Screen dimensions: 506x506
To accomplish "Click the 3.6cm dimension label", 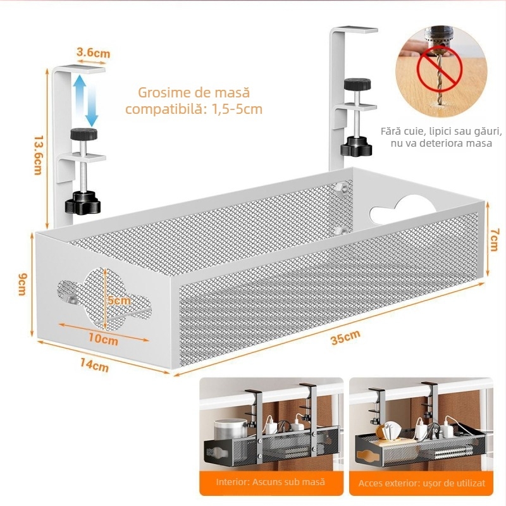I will [x=93, y=52].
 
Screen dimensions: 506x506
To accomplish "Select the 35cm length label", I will [x=344, y=340].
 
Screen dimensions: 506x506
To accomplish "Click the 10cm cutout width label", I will [x=102, y=338].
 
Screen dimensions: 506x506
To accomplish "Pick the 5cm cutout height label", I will [x=118, y=300].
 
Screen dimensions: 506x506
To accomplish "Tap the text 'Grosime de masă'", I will [x=194, y=92].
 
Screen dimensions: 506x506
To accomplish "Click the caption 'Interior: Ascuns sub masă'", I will [x=270, y=482].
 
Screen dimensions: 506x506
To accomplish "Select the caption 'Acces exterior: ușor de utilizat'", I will [x=421, y=483].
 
